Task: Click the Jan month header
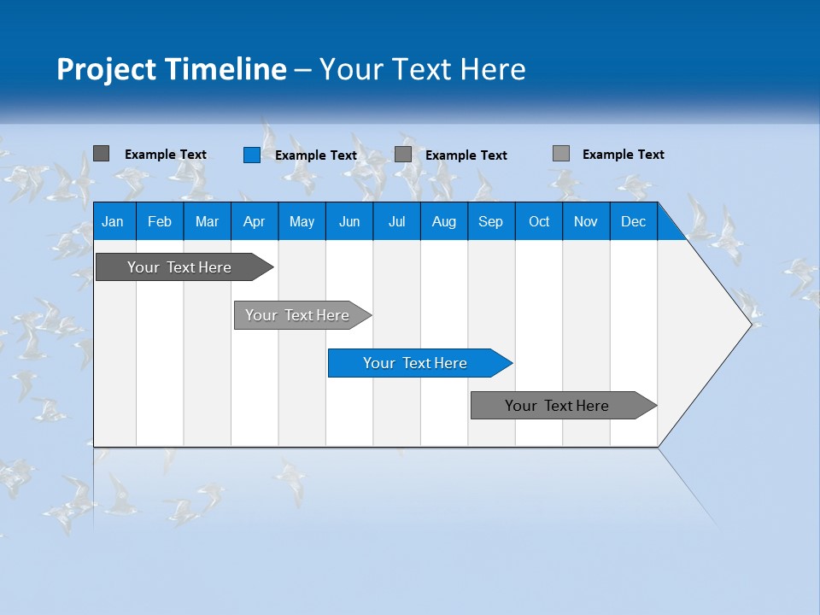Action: pyautogui.click(x=113, y=221)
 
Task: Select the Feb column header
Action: pyautogui.click(x=160, y=221)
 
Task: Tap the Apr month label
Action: pyautogui.click(x=254, y=221)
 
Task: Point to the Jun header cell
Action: pyautogui.click(x=349, y=221)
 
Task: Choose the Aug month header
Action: pyautogui.click(x=443, y=221)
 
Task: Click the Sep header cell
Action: pyautogui.click(x=490, y=221)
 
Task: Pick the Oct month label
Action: pyautogui.click(x=539, y=221)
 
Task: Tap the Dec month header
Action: pyautogui.click(x=633, y=221)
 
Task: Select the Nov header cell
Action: pyautogui.click(x=586, y=221)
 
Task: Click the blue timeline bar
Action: pyautogui.click(x=415, y=363)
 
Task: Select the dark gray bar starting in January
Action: pyautogui.click(x=179, y=267)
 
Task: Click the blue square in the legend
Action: pyautogui.click(x=252, y=155)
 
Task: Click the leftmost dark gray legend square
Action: pyautogui.click(x=102, y=154)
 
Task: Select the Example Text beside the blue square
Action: pyautogui.click(x=316, y=155)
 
